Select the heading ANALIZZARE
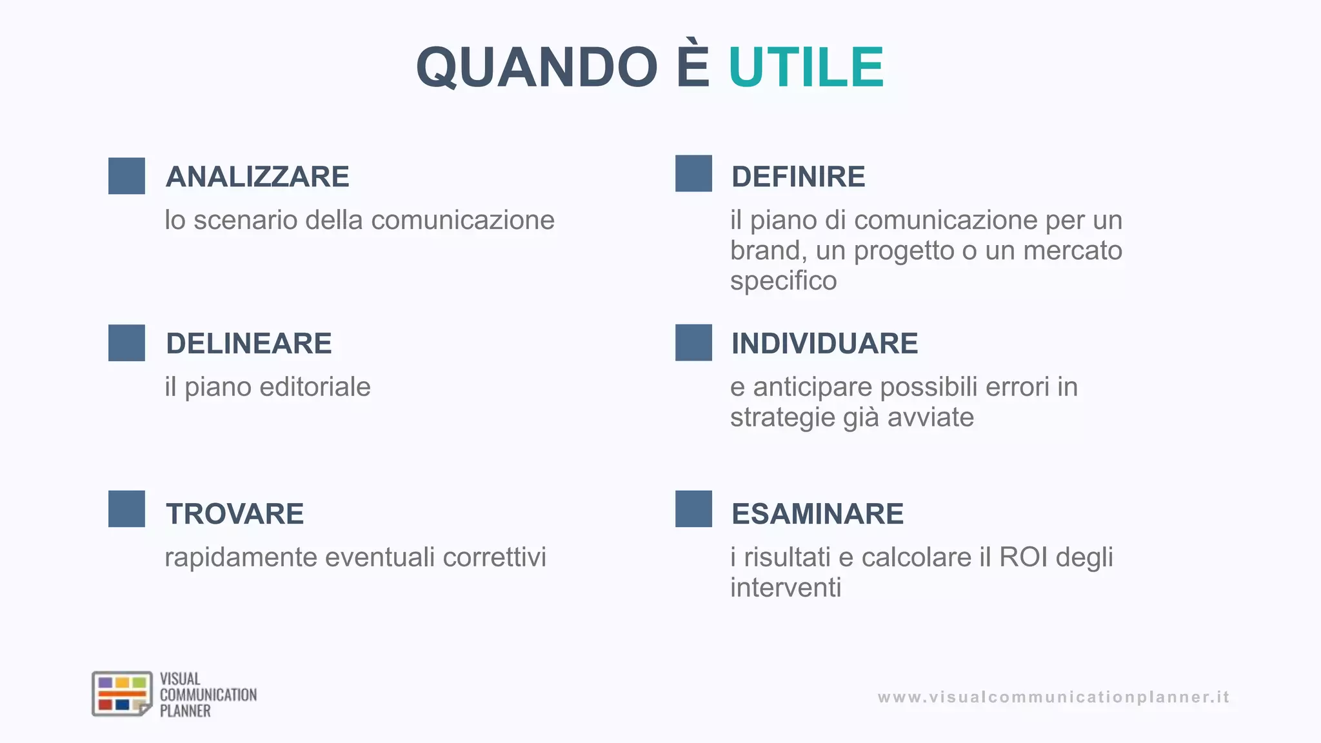[x=257, y=177]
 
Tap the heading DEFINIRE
[x=798, y=177]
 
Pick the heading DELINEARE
[x=248, y=343]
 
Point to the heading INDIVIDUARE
[x=824, y=343]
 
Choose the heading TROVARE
[x=235, y=513]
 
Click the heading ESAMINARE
[x=817, y=513]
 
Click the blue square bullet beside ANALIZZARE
[x=126, y=175]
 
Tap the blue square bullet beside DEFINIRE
[x=693, y=173]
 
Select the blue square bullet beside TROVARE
[x=126, y=509]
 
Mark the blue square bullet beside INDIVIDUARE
[x=693, y=342]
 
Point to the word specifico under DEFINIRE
[x=783, y=281]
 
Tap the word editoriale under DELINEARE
[x=315, y=387]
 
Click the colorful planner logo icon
[x=122, y=694]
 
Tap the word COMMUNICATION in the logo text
[x=208, y=695]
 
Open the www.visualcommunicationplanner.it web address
[x=1053, y=697]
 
